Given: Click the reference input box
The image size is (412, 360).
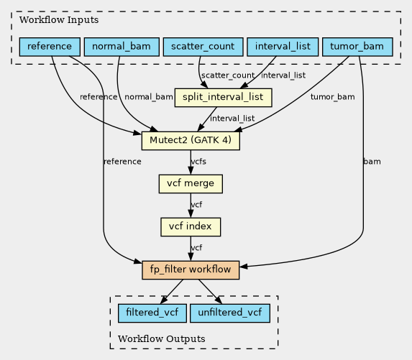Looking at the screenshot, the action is pos(50,47).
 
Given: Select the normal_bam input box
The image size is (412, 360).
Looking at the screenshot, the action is pos(122,47).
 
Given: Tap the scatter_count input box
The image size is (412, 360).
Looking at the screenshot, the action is pos(203,47).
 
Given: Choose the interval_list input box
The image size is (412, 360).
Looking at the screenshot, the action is pos(283,47).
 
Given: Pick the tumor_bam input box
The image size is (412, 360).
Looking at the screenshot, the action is pos(357,47).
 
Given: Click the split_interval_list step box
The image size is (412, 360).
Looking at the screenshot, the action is pos(224,98).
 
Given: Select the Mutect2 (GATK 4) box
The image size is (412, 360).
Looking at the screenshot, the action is pos(191,141).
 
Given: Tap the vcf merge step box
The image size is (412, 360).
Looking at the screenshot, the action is pos(191,184).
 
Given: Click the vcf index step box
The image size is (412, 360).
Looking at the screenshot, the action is pos(191,227).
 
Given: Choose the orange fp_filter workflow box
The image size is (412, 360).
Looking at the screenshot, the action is pos(191,270).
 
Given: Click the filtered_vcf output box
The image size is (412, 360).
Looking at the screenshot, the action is pos(152,313).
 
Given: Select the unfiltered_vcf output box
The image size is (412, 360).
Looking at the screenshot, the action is pos(230,313).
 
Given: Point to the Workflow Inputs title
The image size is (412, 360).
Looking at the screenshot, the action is pos(59,20).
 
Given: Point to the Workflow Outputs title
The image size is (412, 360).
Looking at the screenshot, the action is pos(161,339).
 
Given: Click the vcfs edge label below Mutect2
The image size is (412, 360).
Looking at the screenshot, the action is pos(198,162).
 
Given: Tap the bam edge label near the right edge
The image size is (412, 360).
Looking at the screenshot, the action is pos(372,162).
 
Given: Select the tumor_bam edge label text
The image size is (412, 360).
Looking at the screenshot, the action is pos(333,97).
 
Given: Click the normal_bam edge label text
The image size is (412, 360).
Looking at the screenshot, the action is pos(149,97).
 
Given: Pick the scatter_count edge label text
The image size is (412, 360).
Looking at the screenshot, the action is pos(228,75).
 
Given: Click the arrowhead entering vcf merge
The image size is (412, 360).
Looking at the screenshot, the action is pos(191,171).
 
